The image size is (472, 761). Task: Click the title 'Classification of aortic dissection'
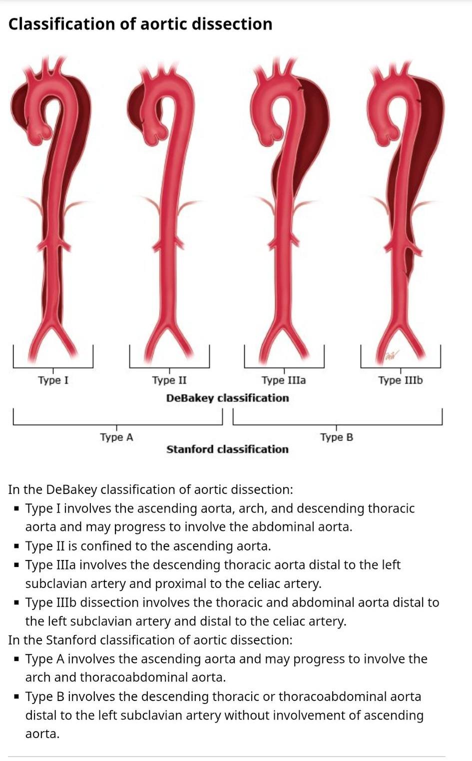click(x=140, y=24)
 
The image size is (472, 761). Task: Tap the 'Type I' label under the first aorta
click(x=53, y=380)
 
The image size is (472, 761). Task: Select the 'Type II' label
click(x=169, y=380)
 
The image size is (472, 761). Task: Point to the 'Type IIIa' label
click(x=284, y=380)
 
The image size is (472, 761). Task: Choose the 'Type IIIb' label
click(x=401, y=380)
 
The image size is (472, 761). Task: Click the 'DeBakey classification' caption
click(x=227, y=398)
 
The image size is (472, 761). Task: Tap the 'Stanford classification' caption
click(x=227, y=449)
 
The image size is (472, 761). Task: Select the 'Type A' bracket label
click(x=116, y=437)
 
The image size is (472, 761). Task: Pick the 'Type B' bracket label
click(x=337, y=437)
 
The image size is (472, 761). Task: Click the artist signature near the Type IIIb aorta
click(x=391, y=355)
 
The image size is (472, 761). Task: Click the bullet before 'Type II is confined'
click(x=16, y=546)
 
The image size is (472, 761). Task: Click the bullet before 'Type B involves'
click(x=16, y=696)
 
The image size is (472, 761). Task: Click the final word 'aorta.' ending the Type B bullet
click(x=42, y=734)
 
